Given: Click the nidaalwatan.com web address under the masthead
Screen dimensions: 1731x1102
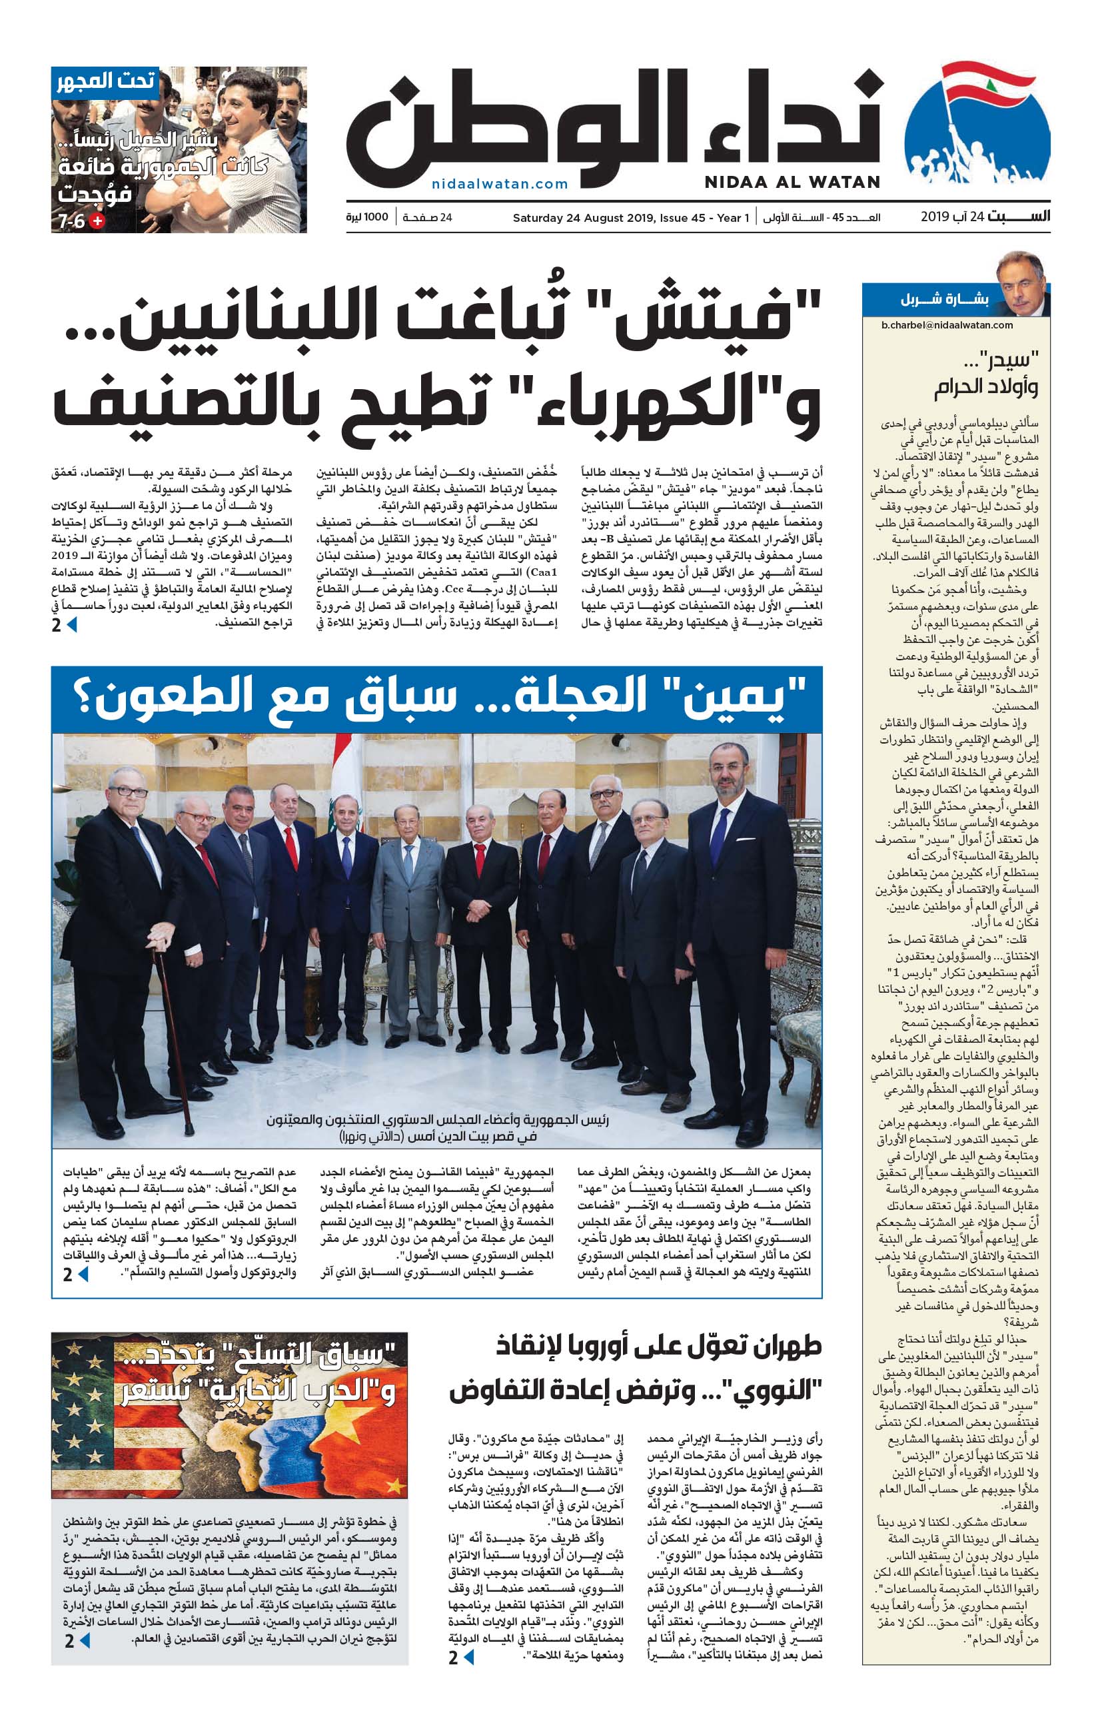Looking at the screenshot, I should [x=500, y=184].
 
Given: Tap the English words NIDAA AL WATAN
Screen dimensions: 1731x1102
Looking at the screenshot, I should [x=792, y=183].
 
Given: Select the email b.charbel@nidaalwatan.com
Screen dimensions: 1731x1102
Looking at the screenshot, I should [x=947, y=325].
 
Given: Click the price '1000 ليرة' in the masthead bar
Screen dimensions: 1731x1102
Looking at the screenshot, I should [x=366, y=217].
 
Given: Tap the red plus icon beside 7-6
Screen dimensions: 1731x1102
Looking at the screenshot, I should [x=97, y=221].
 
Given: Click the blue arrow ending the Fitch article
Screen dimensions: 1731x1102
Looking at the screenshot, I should [x=71, y=625].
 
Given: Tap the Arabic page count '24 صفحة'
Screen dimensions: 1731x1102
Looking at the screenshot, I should [x=427, y=217].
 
